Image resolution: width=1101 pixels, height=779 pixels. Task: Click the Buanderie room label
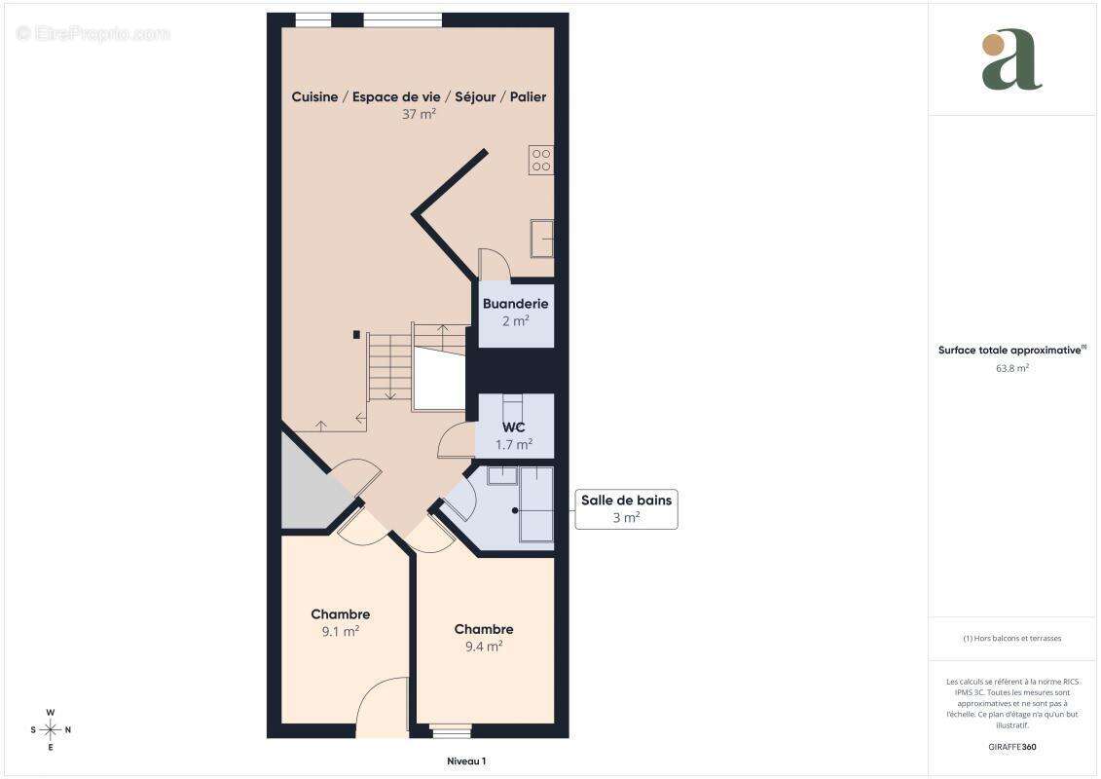515,304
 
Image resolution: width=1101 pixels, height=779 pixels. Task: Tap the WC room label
515,427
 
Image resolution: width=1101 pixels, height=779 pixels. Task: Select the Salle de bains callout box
626,508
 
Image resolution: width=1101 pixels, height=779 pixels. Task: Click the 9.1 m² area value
340,630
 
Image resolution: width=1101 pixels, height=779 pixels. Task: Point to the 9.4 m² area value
483,646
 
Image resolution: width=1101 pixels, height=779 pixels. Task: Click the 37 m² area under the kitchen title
419,114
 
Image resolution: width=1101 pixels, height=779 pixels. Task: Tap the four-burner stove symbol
541,161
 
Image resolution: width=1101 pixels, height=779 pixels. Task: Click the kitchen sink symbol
541,237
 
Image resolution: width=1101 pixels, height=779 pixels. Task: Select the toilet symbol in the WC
512,403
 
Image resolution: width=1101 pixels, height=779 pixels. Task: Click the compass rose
51,729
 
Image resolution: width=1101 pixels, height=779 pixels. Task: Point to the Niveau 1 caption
459,761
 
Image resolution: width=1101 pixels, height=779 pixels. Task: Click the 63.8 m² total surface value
1012,368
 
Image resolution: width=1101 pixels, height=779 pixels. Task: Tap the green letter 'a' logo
1011,60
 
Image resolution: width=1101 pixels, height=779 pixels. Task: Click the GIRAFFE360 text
1012,748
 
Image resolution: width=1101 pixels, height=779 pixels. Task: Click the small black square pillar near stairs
356,334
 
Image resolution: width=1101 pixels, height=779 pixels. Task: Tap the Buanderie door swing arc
495,263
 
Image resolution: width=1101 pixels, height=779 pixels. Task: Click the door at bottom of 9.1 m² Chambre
382,703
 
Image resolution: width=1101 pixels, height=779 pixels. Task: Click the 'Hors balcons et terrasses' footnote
1012,639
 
